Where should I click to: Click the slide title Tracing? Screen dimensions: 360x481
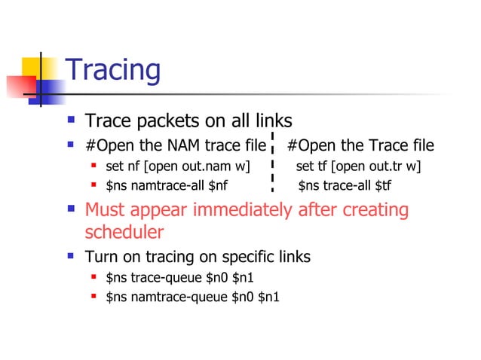pyautogui.click(x=113, y=70)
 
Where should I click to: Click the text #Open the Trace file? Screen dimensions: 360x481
pyautogui.click(x=360, y=145)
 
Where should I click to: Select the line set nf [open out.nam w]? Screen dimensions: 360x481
pyautogui.click(x=178, y=166)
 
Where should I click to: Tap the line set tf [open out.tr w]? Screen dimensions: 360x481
pyautogui.click(x=358, y=166)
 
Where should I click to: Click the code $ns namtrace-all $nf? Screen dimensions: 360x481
pyautogui.click(x=167, y=185)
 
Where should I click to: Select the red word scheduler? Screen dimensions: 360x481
pyautogui.click(x=124, y=231)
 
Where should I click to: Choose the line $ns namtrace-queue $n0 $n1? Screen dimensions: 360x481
pyautogui.click(x=192, y=297)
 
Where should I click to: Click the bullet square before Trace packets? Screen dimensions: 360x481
pyautogui.click(x=71, y=120)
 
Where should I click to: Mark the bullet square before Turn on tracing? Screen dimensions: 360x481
pyautogui.click(x=71, y=256)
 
